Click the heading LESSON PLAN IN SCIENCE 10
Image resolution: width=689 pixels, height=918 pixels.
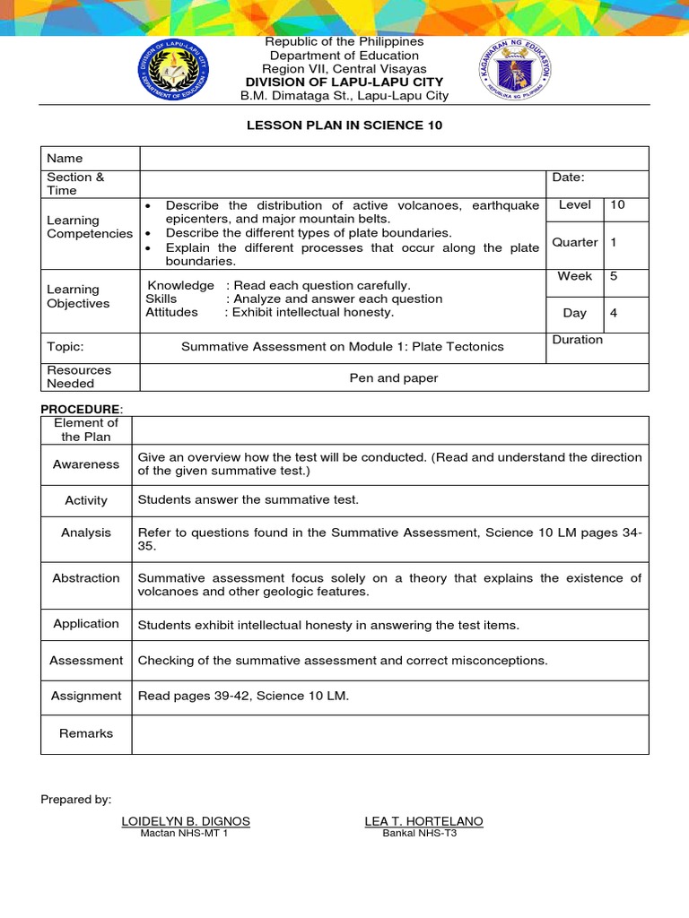[x=344, y=126]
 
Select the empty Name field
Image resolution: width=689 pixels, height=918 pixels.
[x=393, y=158]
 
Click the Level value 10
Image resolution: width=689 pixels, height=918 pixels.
[x=617, y=205]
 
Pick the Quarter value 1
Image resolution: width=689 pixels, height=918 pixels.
[x=614, y=242]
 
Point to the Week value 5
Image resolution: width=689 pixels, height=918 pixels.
[x=614, y=276]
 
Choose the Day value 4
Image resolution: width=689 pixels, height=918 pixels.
[x=614, y=313]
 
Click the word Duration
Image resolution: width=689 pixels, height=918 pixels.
[x=578, y=340]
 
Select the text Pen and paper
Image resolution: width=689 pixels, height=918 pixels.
[x=393, y=377]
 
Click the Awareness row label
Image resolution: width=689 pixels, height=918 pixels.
[x=86, y=464]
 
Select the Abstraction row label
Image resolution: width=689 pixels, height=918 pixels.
[x=86, y=578]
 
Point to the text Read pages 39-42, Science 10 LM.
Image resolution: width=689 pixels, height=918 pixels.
[x=242, y=696]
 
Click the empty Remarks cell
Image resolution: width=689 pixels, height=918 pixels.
[x=389, y=733]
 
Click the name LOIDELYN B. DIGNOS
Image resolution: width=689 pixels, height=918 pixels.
[x=185, y=821]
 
